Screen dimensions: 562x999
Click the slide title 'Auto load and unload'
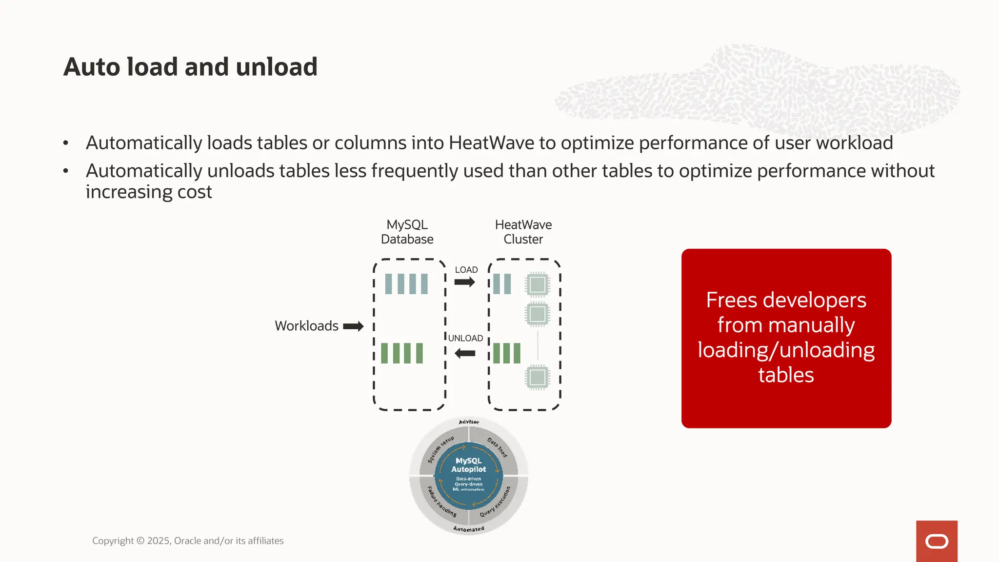pyautogui.click(x=190, y=67)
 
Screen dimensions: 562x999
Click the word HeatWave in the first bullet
pyautogui.click(x=491, y=143)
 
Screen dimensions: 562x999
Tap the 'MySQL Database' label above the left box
pyautogui.click(x=407, y=232)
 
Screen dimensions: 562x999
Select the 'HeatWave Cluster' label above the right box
pyautogui.click(x=523, y=232)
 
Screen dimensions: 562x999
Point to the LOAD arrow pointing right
pyautogui.click(x=464, y=282)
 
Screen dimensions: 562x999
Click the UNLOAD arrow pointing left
pyautogui.click(x=464, y=353)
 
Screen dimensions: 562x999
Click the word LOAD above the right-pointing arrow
pyautogui.click(x=466, y=270)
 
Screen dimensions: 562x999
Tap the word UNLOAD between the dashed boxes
pyautogui.click(x=465, y=338)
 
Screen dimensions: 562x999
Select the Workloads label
pyautogui.click(x=306, y=326)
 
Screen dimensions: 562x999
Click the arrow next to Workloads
pyautogui.click(x=353, y=326)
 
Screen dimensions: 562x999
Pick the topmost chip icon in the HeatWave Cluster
pyautogui.click(x=537, y=284)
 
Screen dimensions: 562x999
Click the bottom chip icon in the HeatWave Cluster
pyautogui.click(x=537, y=377)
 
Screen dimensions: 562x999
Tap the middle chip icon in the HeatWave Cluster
pyautogui.click(x=537, y=314)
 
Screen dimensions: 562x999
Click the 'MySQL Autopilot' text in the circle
pyautogui.click(x=468, y=465)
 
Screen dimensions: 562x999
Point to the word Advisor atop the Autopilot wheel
pyautogui.click(x=469, y=422)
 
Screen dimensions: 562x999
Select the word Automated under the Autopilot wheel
pyautogui.click(x=469, y=529)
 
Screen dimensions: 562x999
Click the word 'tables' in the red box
pyautogui.click(x=786, y=375)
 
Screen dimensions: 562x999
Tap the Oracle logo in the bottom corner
pyautogui.click(x=937, y=542)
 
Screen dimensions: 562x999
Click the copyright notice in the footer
pyautogui.click(x=188, y=541)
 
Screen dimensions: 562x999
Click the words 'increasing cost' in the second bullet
pyautogui.click(x=149, y=192)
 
